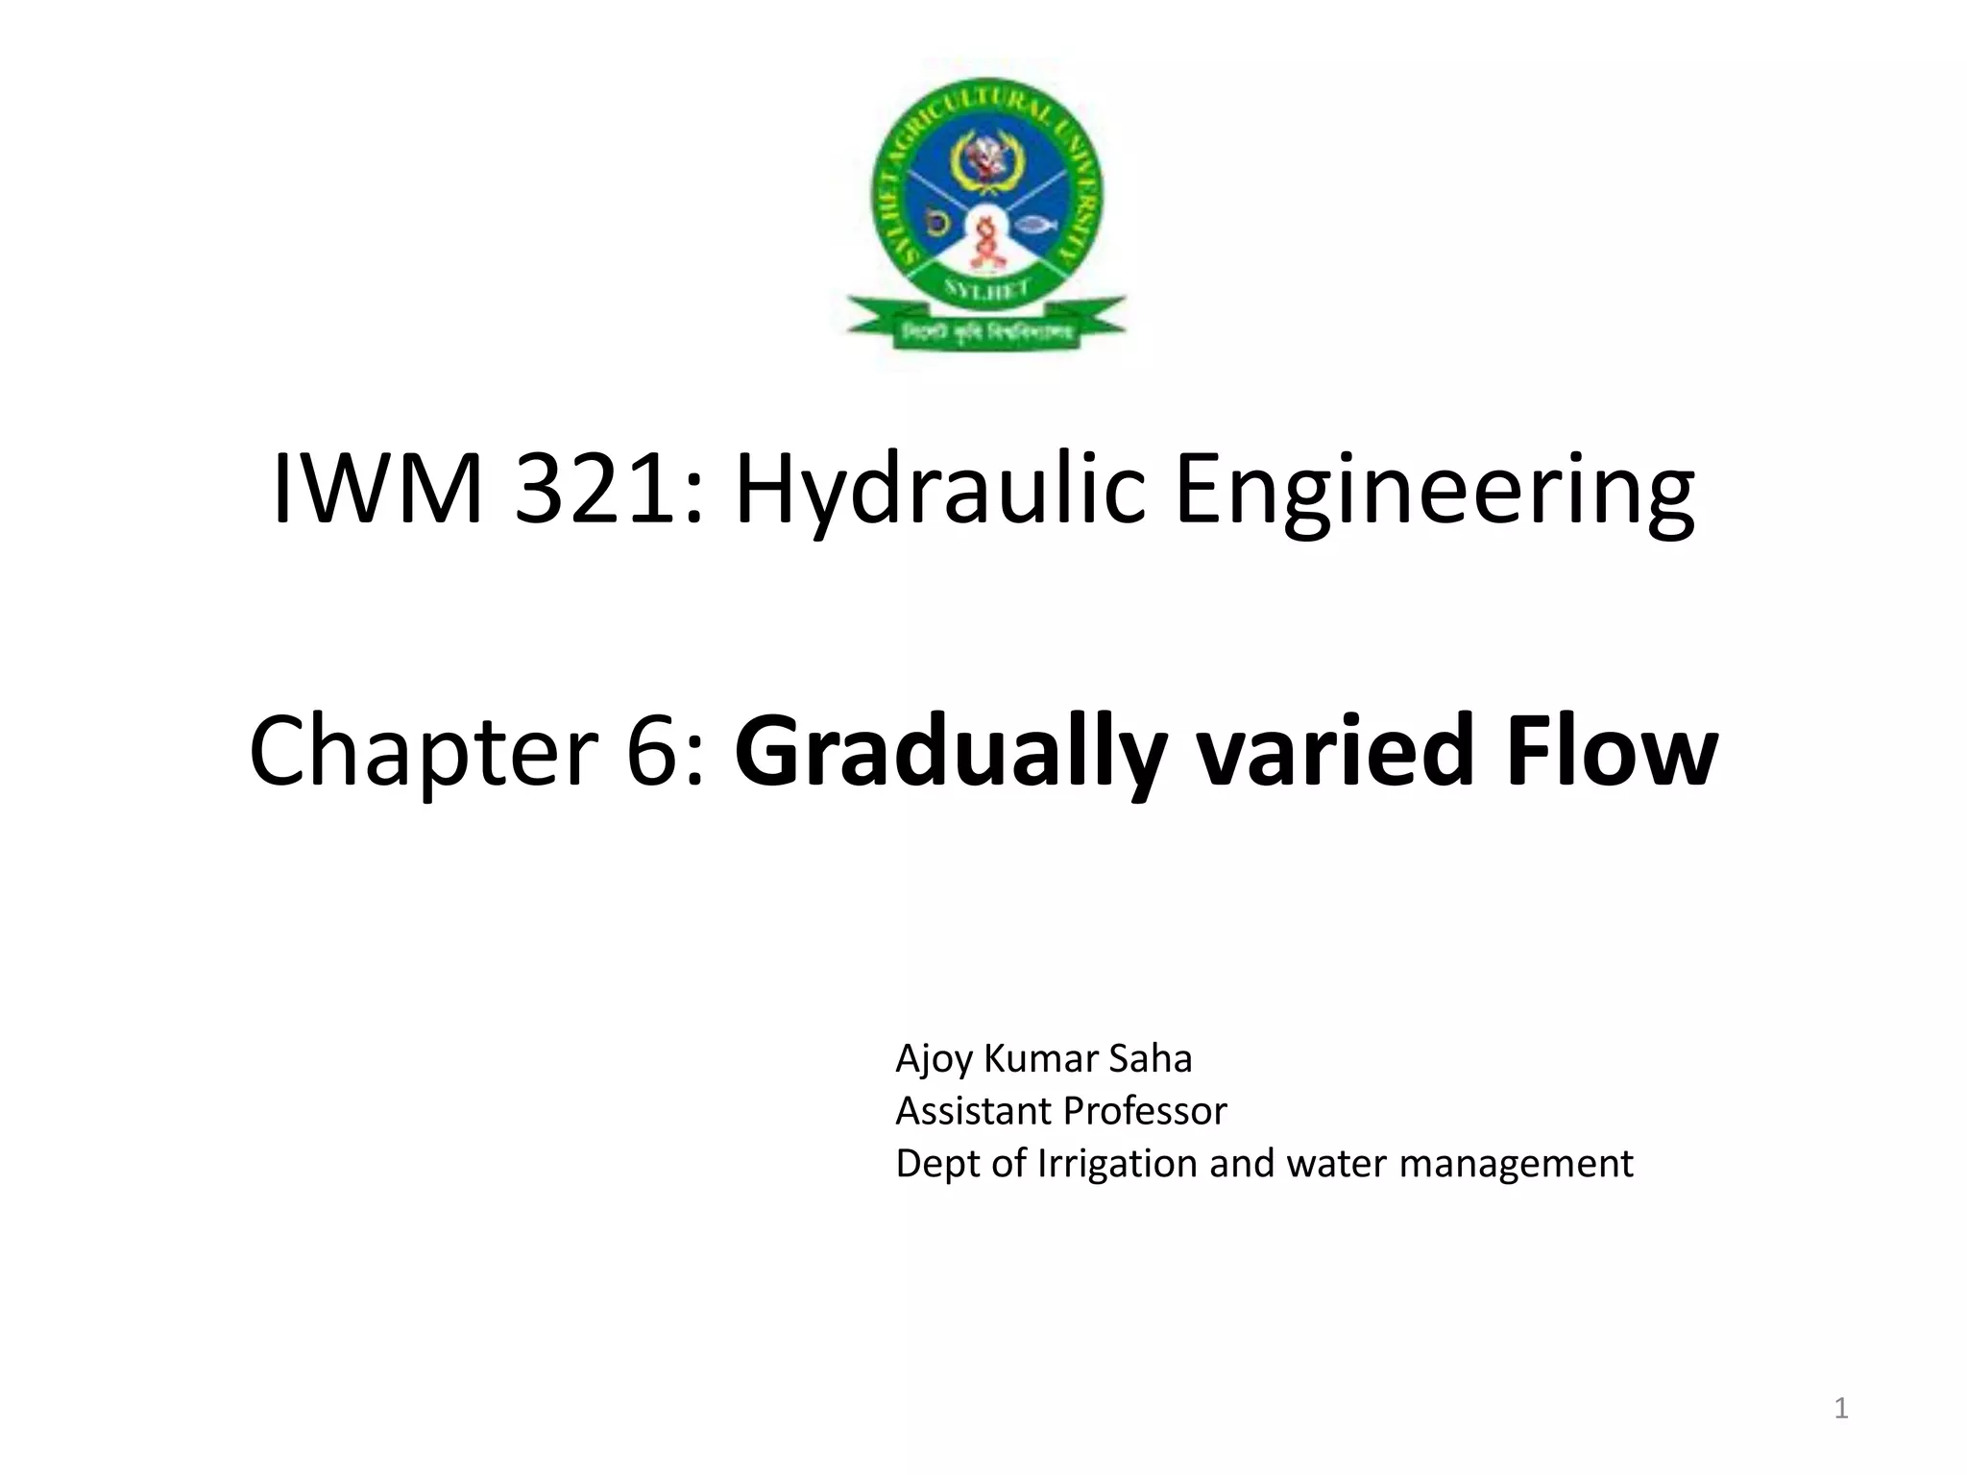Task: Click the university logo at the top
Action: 986,213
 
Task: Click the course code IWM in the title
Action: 377,489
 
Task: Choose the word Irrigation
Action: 1117,1164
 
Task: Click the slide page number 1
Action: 1841,1409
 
